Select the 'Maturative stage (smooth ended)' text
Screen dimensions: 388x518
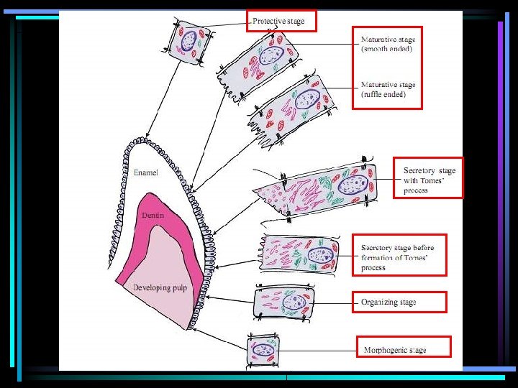(387, 45)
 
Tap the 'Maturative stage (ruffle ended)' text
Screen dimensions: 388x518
(388, 89)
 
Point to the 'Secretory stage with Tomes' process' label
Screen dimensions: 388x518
(429, 180)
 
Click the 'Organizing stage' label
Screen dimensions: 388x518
(388, 302)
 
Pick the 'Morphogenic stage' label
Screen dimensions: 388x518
(395, 351)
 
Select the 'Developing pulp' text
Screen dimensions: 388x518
(160, 288)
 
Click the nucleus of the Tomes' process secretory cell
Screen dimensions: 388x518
(352, 185)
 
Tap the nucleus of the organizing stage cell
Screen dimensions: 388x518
(294, 302)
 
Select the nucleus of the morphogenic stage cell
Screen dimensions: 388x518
(264, 350)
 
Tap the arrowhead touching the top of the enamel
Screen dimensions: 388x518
(147, 137)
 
